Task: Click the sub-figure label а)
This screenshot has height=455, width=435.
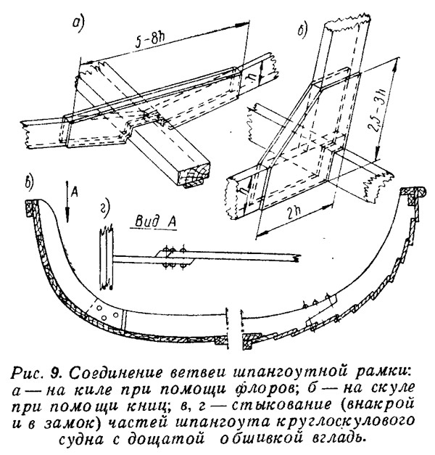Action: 78,25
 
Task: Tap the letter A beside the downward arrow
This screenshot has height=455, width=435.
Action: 75,193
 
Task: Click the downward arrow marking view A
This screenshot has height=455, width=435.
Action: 67,202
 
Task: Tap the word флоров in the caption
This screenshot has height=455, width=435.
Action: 265,390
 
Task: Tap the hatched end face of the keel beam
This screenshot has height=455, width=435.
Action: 194,176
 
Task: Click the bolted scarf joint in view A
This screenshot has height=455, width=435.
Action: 173,258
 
